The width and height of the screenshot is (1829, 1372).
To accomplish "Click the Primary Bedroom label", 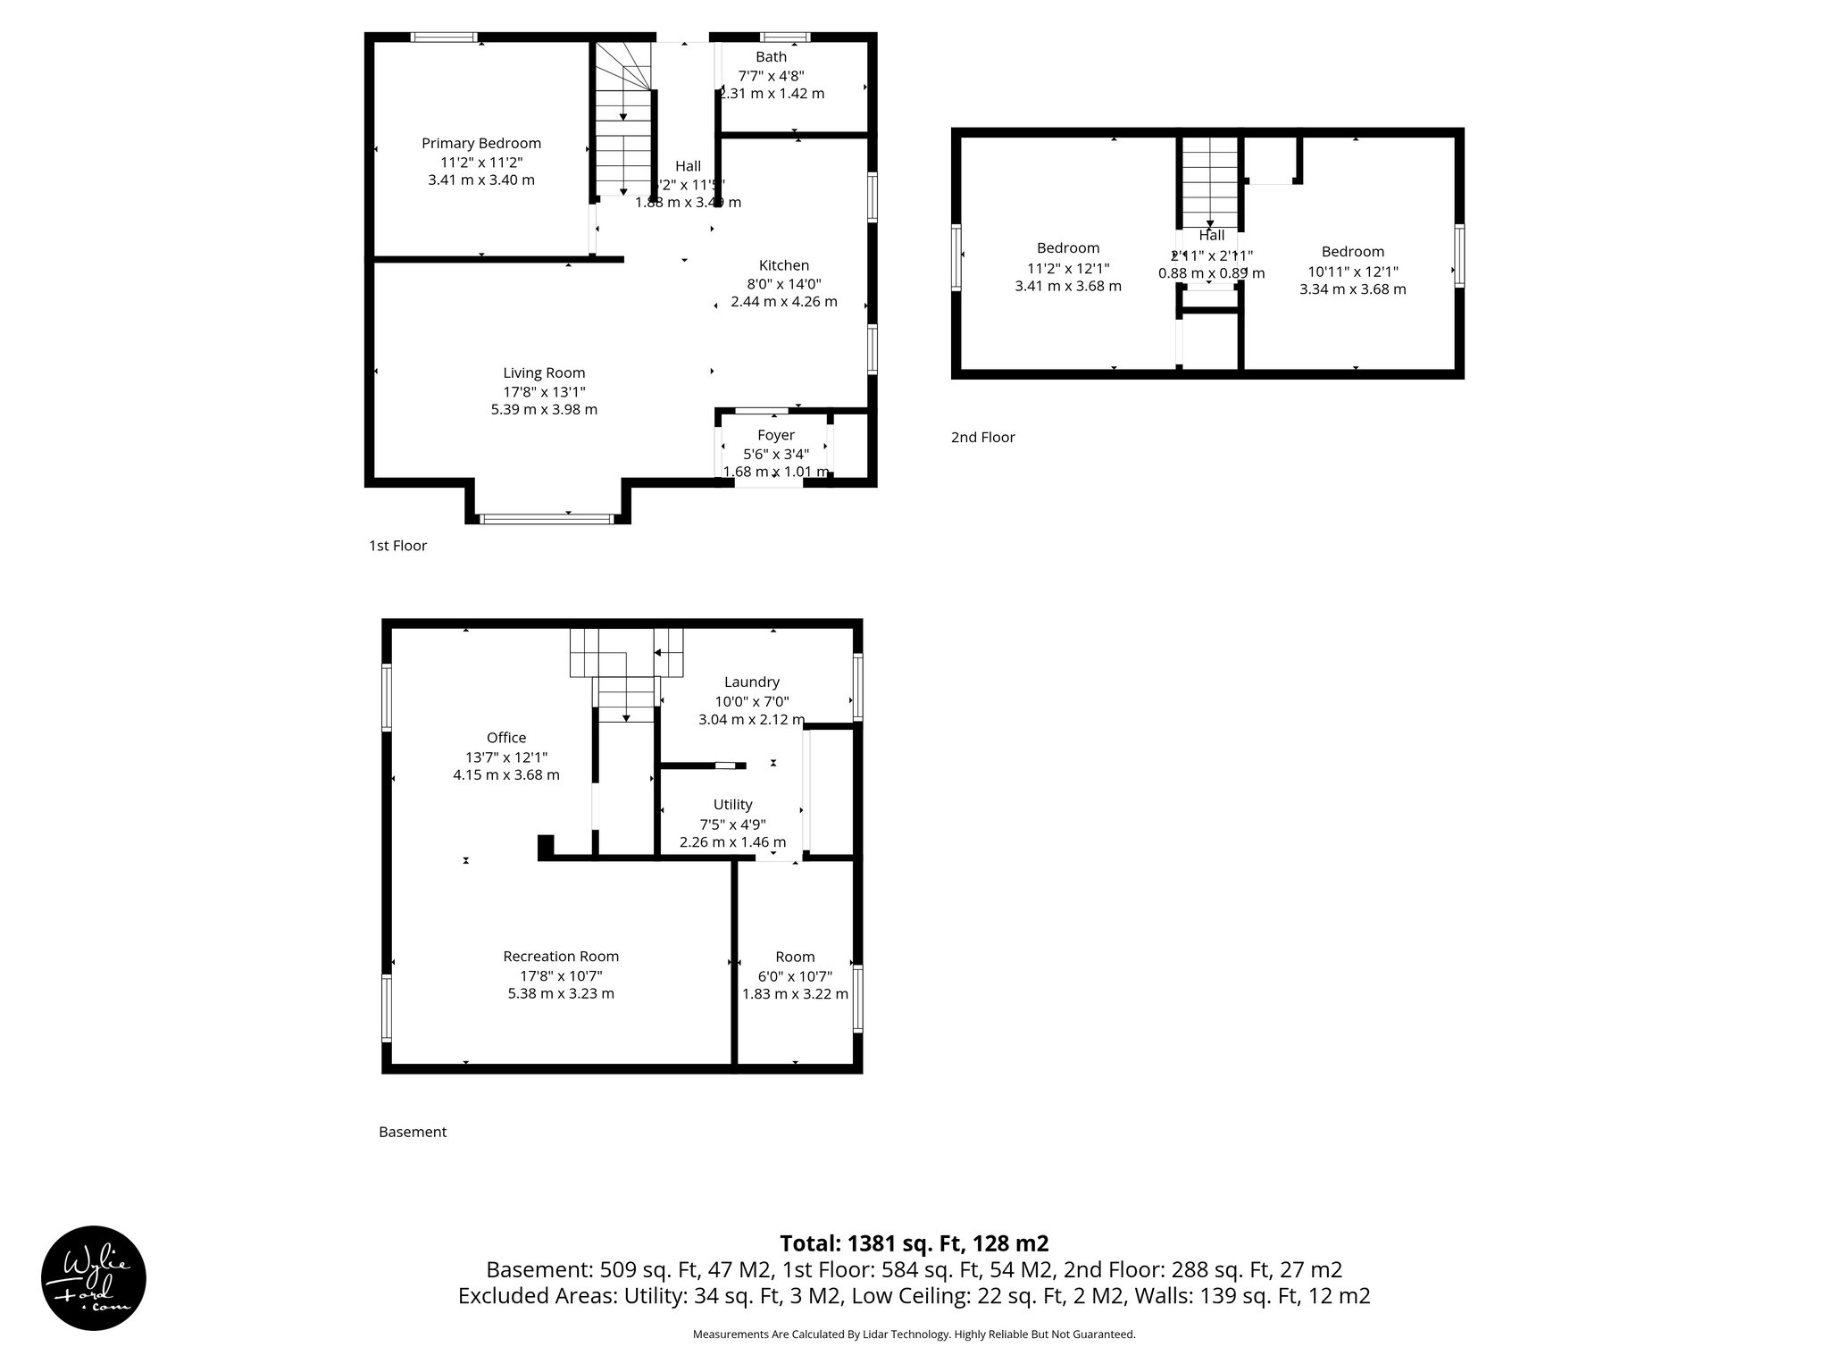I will tap(480, 143).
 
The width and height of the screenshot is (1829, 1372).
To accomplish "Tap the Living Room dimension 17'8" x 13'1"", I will tap(544, 391).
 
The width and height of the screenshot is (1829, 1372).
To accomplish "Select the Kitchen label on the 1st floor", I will tap(783, 265).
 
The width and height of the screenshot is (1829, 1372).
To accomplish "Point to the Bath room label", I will tap(771, 57).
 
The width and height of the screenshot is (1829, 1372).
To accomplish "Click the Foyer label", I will tap(775, 435).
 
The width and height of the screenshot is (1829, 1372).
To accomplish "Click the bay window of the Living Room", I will tap(547, 518).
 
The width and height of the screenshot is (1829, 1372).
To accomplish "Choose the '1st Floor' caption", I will tap(397, 546).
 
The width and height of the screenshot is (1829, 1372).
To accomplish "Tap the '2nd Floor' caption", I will tap(982, 438).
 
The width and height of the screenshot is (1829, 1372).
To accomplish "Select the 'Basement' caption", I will tap(412, 1132).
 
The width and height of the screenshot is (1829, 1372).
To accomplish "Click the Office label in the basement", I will tap(505, 738).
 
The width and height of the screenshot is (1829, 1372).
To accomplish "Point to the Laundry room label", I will tap(751, 682).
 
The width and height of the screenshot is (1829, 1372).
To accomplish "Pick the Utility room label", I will tap(732, 805).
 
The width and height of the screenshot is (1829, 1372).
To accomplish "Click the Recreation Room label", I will tap(560, 957).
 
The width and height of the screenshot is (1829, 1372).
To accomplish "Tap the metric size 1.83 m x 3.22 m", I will tap(795, 994).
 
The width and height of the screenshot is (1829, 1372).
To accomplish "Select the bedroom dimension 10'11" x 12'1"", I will tap(1352, 272).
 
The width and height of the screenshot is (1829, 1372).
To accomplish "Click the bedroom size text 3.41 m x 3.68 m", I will tap(1067, 287).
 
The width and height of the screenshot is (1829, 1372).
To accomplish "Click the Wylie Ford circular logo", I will tap(94, 1278).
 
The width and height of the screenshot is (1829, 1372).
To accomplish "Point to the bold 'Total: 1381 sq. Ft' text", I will tap(913, 1243).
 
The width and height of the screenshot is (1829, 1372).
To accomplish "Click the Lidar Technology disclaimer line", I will tap(914, 1334).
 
